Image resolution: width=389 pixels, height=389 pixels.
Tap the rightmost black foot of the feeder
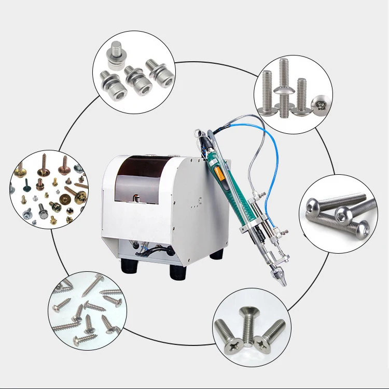coord(216,254)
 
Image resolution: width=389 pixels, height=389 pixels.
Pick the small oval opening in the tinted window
coord(136,198)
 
